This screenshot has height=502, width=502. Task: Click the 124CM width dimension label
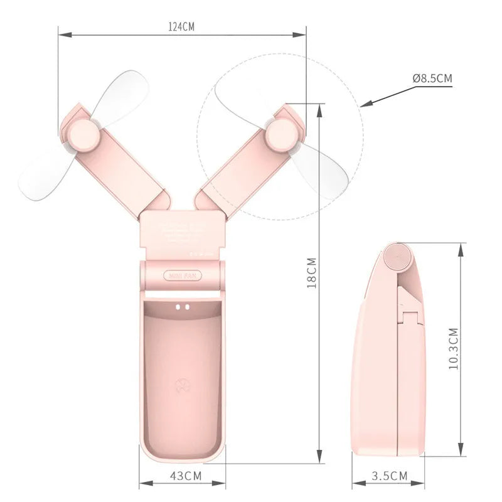[x=181, y=26]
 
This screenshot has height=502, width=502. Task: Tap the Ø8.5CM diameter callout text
[x=432, y=78]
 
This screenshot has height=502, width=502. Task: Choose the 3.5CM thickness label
[x=390, y=476]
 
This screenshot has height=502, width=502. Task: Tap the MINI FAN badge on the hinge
[x=181, y=275]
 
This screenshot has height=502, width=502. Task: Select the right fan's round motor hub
[x=280, y=134]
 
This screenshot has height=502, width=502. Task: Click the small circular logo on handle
[x=181, y=385]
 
